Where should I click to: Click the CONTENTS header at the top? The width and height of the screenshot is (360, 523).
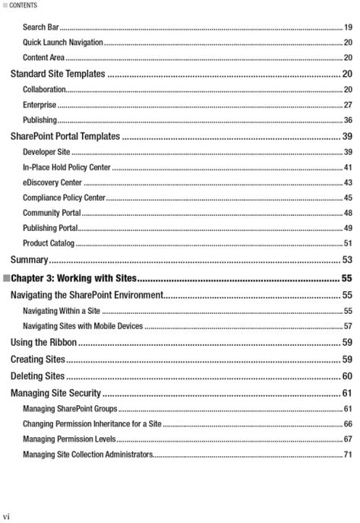coord(24,5)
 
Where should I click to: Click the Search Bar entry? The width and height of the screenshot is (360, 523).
coord(40,27)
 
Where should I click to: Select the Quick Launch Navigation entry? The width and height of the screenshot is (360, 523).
coord(63,43)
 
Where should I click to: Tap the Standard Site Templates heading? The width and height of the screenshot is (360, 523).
coord(57,74)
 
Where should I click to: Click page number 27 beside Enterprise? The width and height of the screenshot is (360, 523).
coord(347,105)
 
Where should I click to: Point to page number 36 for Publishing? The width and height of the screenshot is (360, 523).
coord(347,120)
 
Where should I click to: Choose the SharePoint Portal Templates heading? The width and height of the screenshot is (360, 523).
coord(65,136)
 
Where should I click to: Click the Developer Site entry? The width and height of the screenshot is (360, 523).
coord(46,152)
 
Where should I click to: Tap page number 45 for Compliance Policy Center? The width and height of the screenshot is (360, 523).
coord(347,198)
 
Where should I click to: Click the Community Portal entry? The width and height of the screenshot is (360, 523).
coord(52,213)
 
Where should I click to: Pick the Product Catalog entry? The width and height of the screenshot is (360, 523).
coord(49,243)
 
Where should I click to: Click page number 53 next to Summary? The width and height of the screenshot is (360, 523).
coord(346,260)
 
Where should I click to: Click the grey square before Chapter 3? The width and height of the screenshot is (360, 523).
coord(7,277)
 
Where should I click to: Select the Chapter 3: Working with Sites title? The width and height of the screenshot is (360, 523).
coord(73,277)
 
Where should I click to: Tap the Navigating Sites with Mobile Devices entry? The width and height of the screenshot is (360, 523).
coord(83,325)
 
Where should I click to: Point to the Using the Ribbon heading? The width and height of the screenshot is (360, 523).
coord(43,342)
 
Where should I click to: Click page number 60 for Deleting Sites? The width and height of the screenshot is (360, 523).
coord(346,376)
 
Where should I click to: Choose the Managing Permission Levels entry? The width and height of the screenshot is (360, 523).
coord(69,439)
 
